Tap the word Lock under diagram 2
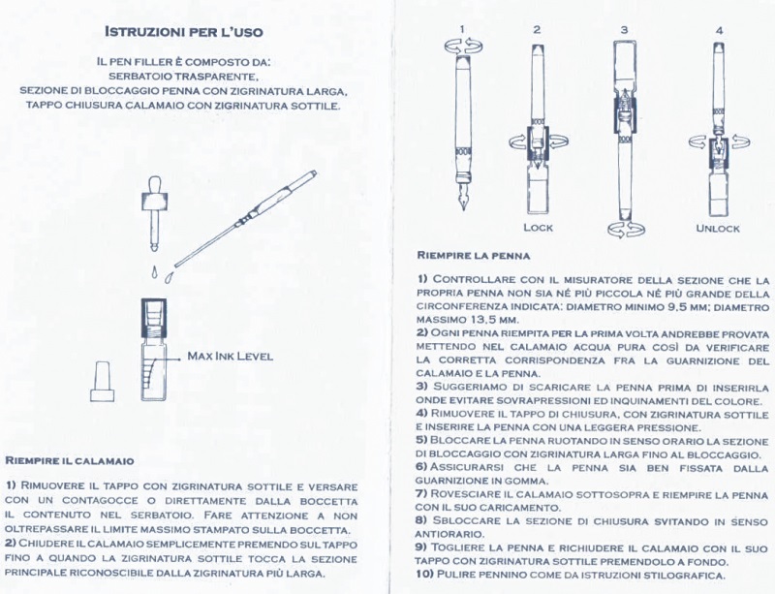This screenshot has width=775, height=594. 538,228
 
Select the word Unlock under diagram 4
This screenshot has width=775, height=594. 718,228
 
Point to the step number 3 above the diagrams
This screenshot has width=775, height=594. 625,30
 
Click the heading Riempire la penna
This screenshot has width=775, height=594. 474,256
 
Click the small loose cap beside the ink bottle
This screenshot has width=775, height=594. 102,381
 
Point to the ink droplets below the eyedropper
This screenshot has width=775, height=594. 158,266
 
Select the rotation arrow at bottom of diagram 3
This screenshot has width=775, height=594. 625,229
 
